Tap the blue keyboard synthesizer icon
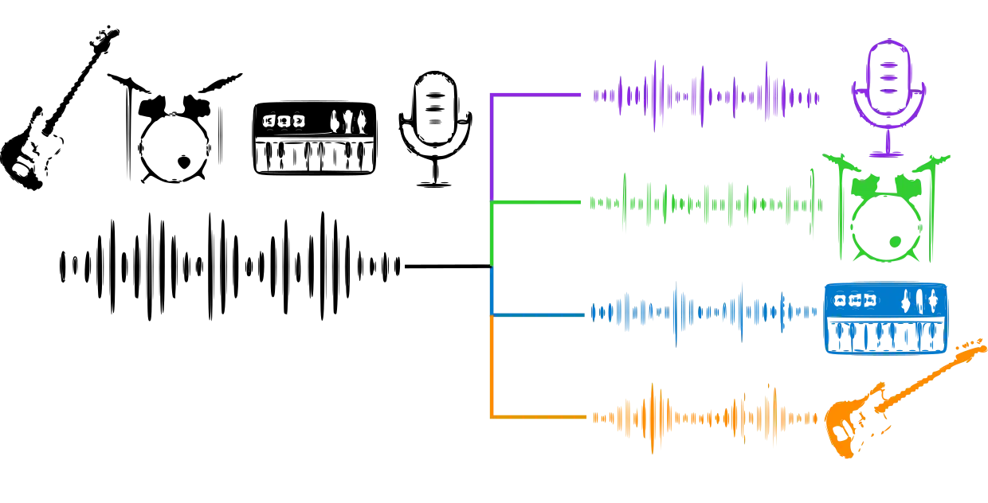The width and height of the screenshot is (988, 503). tap(885, 317)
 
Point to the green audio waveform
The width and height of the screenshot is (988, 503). tap(706, 205)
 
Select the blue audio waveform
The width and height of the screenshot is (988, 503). tap(706, 314)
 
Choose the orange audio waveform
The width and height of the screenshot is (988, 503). tap(706, 416)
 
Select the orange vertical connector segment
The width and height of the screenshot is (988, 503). tap(492, 366)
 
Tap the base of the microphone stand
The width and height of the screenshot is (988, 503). tap(888, 153)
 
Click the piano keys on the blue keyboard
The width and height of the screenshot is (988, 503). tap(885, 336)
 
